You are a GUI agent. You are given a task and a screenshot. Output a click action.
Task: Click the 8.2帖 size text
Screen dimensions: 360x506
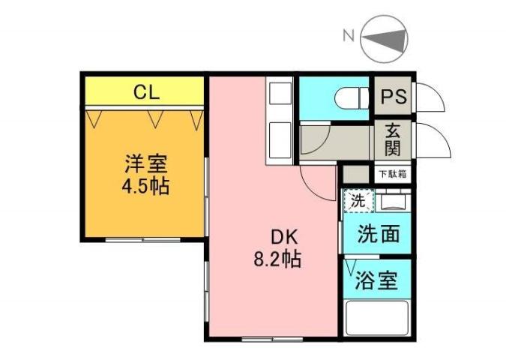(x=277, y=260)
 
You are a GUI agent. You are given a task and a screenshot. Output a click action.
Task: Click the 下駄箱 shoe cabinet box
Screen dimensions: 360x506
(x=391, y=174)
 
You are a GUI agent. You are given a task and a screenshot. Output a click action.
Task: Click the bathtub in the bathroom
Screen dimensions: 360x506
(x=378, y=316)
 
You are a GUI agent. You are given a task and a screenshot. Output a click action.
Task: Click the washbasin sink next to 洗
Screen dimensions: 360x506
(x=393, y=202)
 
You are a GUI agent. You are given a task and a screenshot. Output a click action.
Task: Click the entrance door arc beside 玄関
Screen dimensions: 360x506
(x=433, y=139)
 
